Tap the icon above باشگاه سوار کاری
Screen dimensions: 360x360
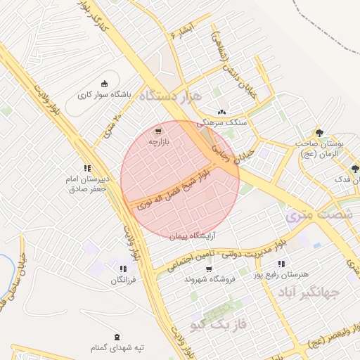pos(105,83)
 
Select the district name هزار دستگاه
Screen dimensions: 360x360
pos(170,96)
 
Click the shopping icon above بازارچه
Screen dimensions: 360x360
pos(157,131)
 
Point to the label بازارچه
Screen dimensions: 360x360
pos(159,142)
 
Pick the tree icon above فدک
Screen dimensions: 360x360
pos(354,169)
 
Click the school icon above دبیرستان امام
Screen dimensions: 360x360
pos(87,168)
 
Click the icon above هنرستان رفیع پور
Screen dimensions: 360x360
pos(281,264)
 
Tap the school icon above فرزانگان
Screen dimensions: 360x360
pos(123,269)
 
